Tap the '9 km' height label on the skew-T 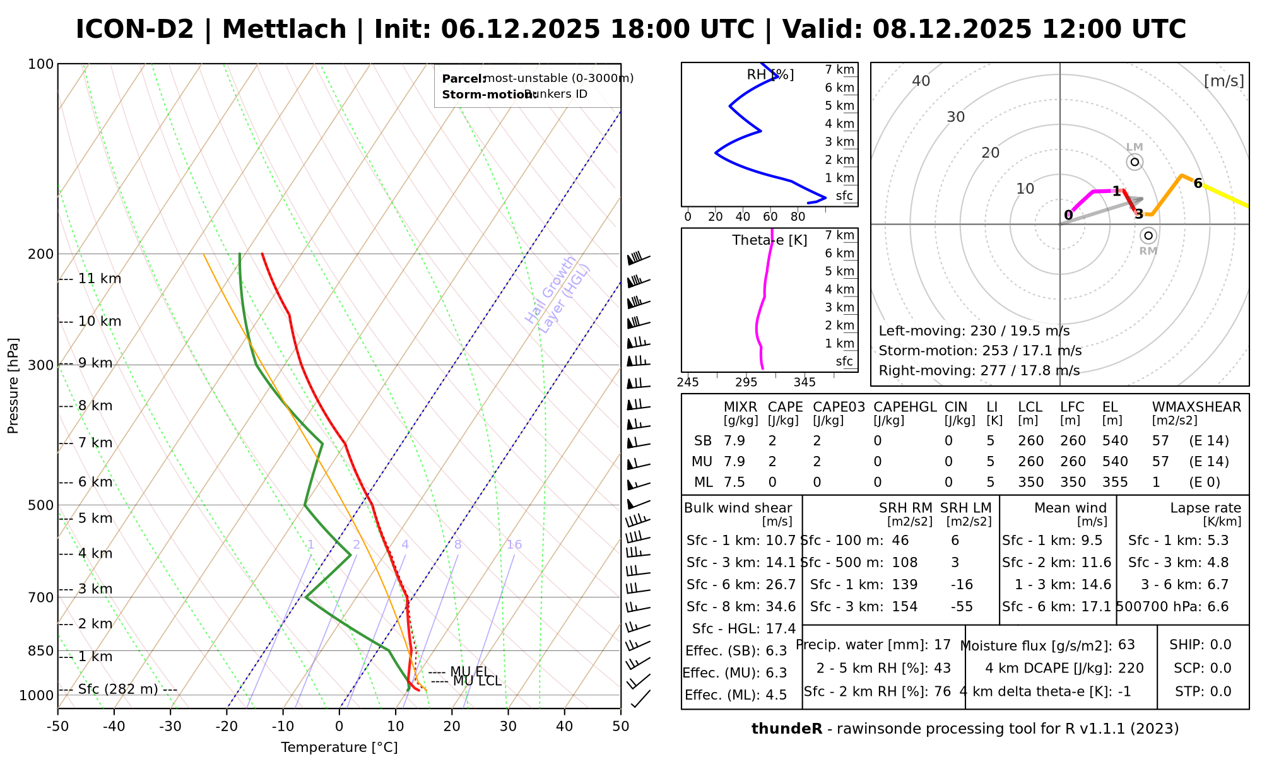point(95,363)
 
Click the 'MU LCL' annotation point(477,681)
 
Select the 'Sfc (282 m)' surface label point(118,690)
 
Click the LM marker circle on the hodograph point(1135,162)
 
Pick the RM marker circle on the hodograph point(1148,236)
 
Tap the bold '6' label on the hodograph point(1198,184)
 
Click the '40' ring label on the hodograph point(921,81)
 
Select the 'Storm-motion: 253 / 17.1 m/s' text point(980,351)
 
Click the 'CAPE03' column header point(839,408)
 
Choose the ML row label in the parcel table point(704,483)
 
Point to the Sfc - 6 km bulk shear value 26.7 point(781,585)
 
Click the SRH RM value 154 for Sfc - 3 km point(904,607)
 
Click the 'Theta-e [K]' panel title point(770,240)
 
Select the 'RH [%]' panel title point(770,75)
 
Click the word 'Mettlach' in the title point(284,30)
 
